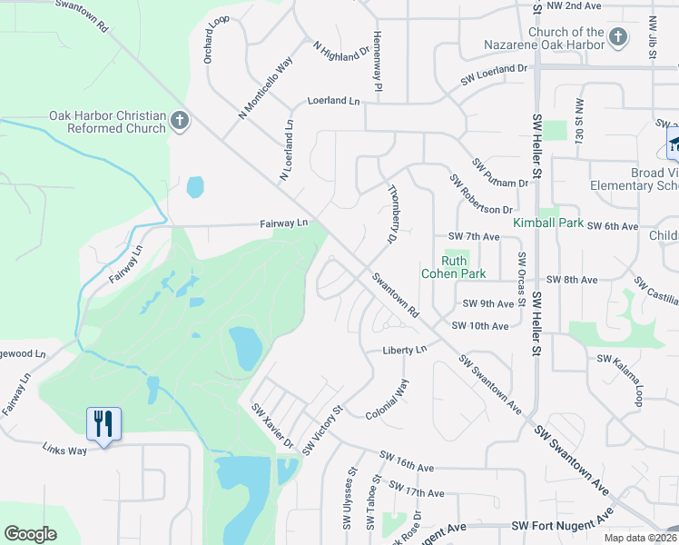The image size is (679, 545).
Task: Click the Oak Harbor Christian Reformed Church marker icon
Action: [179, 121]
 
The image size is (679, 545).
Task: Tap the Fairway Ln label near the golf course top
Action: [284, 223]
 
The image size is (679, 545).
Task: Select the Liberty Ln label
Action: [404, 350]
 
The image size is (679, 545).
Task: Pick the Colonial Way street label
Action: [388, 400]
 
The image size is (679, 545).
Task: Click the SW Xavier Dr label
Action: [272, 426]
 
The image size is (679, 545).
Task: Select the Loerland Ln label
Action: [333, 102]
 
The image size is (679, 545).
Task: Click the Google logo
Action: [30, 534]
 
